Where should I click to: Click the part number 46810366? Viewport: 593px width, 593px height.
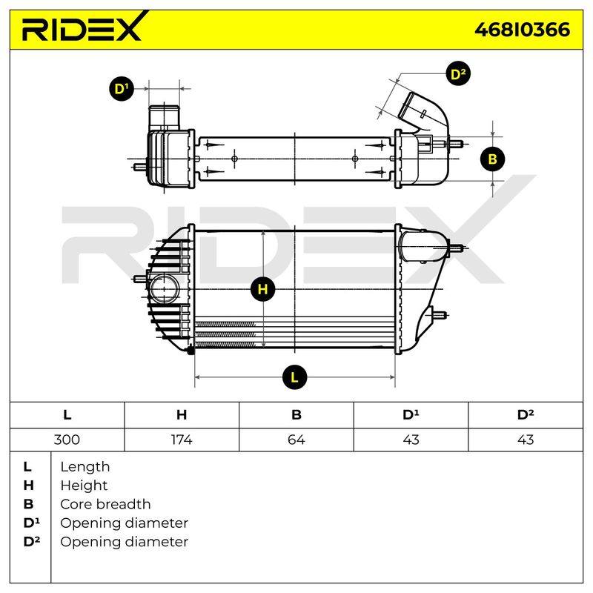click(x=522, y=30)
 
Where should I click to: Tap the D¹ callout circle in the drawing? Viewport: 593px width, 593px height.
click(x=122, y=89)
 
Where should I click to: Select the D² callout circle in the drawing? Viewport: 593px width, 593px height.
click(x=458, y=73)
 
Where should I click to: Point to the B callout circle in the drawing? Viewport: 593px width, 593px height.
click(x=492, y=159)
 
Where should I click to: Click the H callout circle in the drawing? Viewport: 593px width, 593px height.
click(x=263, y=289)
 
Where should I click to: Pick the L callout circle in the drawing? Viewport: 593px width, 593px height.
click(x=294, y=377)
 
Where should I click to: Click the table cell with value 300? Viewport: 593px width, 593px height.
click(x=67, y=440)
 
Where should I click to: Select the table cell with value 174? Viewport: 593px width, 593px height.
click(x=182, y=440)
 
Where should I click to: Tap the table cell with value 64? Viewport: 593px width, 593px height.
click(x=296, y=440)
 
